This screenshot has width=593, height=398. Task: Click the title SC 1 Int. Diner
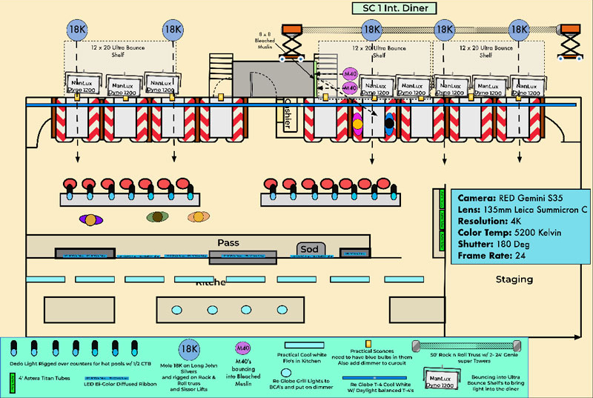coord(394,7)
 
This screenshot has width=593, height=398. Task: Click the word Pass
coord(228,243)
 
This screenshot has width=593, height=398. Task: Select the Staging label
coord(514,279)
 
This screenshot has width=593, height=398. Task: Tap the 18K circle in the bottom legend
coord(190,348)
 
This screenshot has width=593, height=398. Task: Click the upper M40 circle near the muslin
coord(351,75)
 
